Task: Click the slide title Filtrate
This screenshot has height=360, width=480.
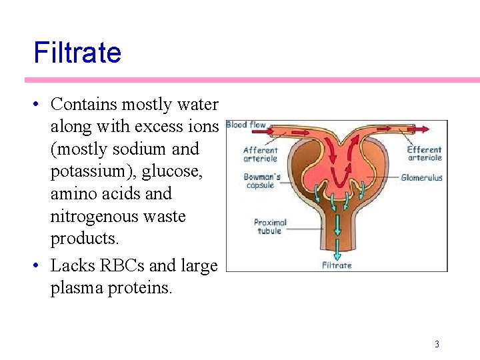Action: pos(77,52)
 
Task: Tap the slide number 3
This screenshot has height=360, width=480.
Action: pos(437,344)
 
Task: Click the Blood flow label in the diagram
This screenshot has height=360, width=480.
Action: pos(246,125)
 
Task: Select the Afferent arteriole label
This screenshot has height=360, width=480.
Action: pos(260,155)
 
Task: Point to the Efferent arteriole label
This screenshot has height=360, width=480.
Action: pos(425,154)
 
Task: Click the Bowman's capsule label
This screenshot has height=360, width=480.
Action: pos(261,181)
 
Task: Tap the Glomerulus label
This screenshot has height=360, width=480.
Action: pos(421,178)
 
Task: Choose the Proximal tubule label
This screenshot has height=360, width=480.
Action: pos(270,227)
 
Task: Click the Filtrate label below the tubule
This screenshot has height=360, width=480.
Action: pos(337,265)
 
